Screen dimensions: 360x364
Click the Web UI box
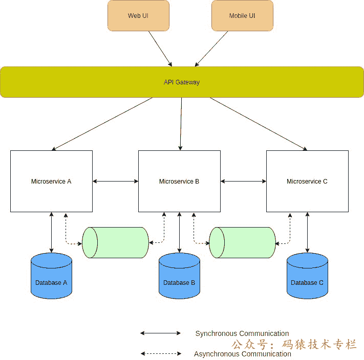tap(138, 16)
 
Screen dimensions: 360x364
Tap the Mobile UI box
tap(242, 16)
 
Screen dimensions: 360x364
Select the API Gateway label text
tap(182, 82)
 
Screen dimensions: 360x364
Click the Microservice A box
tap(51, 181)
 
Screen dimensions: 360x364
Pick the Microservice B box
tap(179, 181)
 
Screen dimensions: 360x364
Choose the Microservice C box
tap(307, 181)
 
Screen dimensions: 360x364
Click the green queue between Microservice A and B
tap(115, 242)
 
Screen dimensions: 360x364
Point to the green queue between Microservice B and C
tap(243, 242)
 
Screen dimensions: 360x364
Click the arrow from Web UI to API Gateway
tap(160, 49)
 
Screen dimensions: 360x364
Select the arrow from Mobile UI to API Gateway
tap(210, 49)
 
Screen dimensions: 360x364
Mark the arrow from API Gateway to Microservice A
tap(102, 124)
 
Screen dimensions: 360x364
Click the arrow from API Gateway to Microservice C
tap(259, 124)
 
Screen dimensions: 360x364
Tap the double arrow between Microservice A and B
tap(115, 181)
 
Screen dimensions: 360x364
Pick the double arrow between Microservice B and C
tap(243, 181)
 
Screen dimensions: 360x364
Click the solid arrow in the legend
tap(161, 333)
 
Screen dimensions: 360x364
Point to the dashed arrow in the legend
tap(161, 353)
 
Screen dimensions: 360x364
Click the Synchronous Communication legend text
tap(242, 333)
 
